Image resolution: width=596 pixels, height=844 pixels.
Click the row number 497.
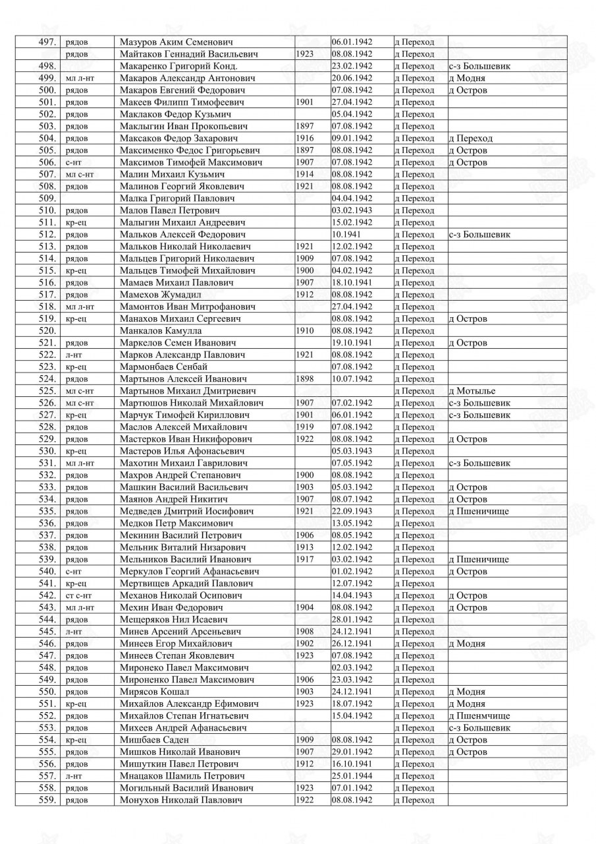tap(47, 42)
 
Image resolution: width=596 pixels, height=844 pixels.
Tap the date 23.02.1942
tap(352, 66)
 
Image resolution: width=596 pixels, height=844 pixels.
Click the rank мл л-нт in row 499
tap(80, 78)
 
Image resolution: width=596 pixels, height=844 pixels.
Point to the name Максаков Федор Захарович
tap(179, 138)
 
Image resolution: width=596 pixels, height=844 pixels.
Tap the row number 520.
tap(47, 331)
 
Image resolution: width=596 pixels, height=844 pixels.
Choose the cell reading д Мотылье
tap(472, 391)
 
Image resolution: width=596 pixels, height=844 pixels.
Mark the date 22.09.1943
tap(352, 512)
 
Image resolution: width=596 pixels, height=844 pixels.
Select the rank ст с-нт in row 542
tap(80, 595)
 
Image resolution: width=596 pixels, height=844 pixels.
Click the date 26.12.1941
tap(352, 644)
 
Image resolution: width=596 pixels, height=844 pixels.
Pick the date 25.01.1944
tap(352, 776)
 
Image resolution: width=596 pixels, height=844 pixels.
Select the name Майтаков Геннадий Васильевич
tap(189, 54)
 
